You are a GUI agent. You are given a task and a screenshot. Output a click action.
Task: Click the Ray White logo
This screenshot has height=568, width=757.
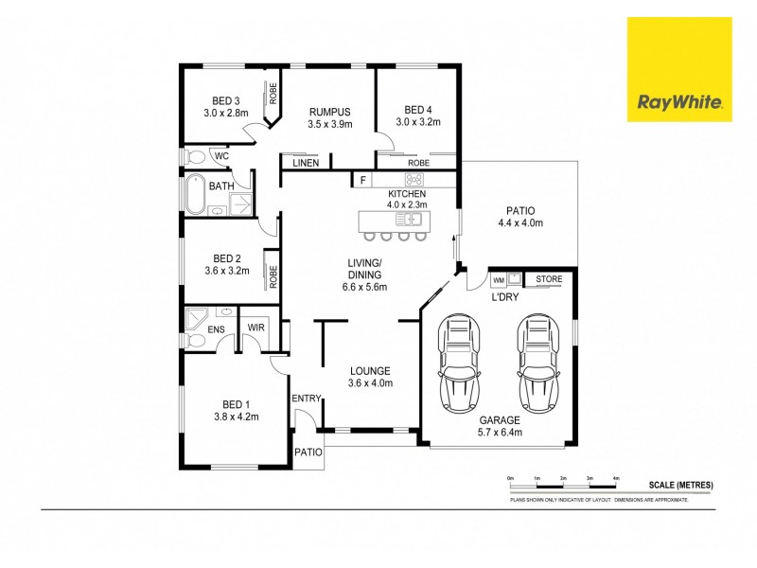(679, 69)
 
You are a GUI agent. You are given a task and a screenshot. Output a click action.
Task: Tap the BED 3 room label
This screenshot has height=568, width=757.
(224, 100)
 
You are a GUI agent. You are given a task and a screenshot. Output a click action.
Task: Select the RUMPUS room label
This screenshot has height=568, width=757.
(329, 111)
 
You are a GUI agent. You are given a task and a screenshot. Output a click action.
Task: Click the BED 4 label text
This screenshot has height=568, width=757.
(417, 109)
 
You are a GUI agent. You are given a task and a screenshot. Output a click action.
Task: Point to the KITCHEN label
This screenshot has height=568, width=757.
(407, 193)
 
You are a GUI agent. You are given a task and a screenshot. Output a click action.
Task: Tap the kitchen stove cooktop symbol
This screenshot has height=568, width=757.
(414, 179)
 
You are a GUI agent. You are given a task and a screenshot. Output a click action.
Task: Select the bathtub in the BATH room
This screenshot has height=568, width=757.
(195, 194)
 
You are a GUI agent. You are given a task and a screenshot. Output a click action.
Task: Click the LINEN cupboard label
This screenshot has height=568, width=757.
(305, 164)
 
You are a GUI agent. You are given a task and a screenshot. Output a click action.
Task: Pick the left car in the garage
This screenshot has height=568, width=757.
(461, 364)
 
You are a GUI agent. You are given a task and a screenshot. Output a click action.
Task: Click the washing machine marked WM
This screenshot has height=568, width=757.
(498, 280)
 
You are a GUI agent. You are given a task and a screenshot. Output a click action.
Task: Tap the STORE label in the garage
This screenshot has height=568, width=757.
(549, 279)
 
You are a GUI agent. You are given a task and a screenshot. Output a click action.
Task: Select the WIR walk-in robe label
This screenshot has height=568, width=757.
(255, 328)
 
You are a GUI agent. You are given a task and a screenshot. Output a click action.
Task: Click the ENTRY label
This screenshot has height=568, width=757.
(307, 399)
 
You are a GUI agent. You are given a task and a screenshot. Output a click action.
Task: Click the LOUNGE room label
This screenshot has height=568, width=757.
(370, 370)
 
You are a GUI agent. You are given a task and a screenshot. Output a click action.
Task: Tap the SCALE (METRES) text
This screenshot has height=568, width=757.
(680, 485)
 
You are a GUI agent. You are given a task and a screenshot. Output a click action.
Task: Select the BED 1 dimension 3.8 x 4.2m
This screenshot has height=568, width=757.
(236, 415)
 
